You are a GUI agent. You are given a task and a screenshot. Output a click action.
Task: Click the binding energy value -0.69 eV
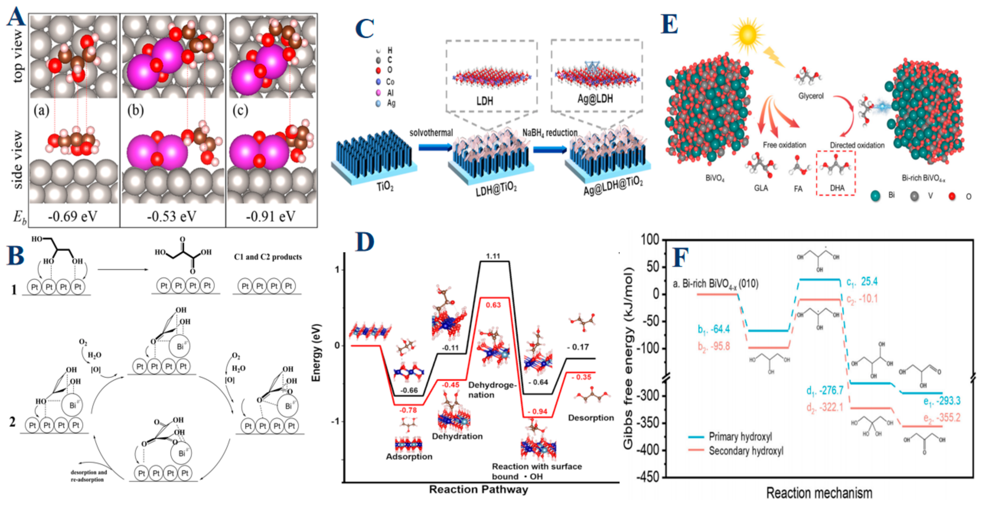point(72,217)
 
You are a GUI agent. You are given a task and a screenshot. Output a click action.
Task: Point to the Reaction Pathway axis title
point(478,490)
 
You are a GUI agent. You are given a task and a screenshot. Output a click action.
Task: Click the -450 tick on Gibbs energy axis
point(650,477)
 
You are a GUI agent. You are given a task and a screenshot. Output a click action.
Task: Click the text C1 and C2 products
point(268,257)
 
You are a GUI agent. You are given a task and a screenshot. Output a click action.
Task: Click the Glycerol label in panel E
point(811,96)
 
